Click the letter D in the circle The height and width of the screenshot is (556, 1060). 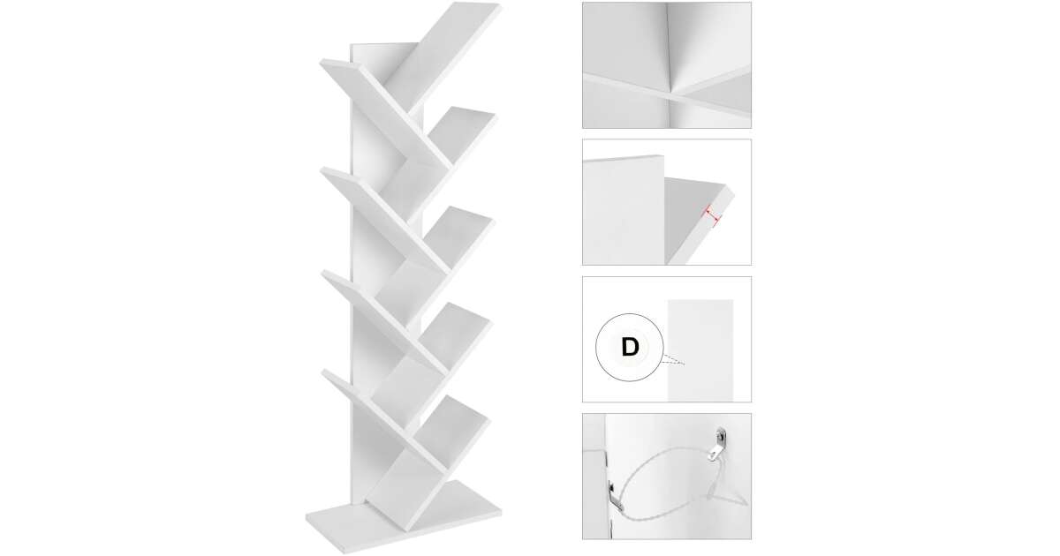630,348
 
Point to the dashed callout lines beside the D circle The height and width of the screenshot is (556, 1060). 673,360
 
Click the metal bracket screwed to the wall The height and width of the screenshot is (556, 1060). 717,445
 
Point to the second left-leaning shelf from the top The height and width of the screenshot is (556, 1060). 386,221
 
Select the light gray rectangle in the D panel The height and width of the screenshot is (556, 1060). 700,350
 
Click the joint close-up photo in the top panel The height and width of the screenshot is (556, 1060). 667,65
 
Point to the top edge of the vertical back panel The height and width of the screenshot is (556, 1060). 383,44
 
